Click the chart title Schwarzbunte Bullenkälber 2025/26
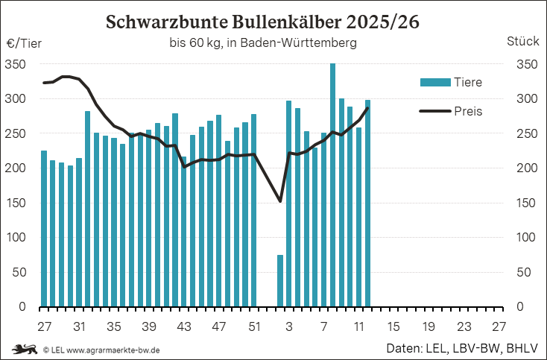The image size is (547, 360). pyautogui.click(x=262, y=22)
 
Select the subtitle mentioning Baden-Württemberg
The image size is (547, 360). pyautogui.click(x=262, y=43)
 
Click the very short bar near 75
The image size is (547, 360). pyautogui.click(x=280, y=280)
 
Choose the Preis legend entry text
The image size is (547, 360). pyautogui.click(x=468, y=111)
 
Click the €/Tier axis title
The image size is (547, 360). pyautogui.click(x=24, y=43)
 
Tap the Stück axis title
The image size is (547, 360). pyautogui.click(x=522, y=42)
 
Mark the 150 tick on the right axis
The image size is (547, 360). pyautogui.click(x=525, y=203)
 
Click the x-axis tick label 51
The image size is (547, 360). pyautogui.click(x=254, y=326)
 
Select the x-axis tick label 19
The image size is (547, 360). pyautogui.click(x=429, y=326)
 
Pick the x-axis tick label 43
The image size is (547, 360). pyautogui.click(x=184, y=326)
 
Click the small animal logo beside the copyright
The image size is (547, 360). pyautogui.click(x=25, y=349)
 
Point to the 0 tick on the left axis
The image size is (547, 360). pyautogui.click(x=22, y=306)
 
